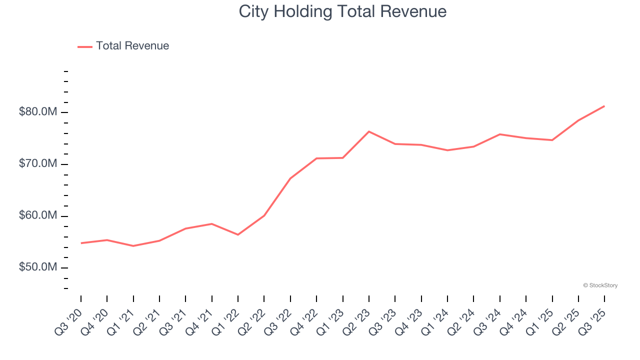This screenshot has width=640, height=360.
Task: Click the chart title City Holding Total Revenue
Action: [342, 11]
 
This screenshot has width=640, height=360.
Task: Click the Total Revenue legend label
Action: [132, 46]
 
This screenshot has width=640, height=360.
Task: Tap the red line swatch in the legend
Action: [85, 46]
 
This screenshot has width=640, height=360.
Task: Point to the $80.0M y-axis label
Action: [38, 112]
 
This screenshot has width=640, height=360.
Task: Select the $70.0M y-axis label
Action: [38, 164]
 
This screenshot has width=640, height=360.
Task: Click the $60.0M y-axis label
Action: [38, 216]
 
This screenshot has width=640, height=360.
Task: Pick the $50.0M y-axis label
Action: [38, 268]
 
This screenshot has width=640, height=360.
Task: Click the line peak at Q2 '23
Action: [369, 131]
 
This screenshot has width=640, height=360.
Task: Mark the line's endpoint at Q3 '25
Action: [604, 106]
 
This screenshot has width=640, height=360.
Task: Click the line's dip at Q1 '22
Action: [238, 234]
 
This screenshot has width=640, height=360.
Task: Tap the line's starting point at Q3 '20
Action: [81, 243]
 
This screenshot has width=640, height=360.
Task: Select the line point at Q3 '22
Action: [290, 178]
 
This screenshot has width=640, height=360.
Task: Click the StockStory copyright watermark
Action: [600, 285]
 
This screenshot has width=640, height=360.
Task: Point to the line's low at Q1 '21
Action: [133, 246]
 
